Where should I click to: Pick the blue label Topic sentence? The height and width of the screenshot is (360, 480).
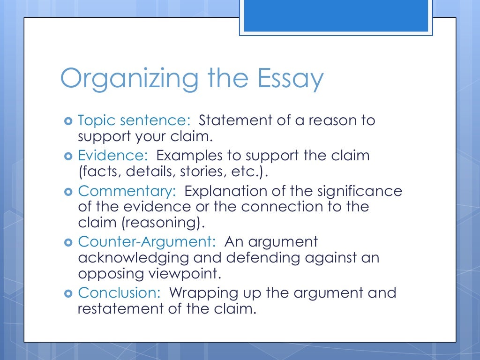(134, 120)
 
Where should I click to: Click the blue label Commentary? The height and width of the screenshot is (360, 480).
(127, 191)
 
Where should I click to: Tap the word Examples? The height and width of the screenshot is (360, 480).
(190, 156)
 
